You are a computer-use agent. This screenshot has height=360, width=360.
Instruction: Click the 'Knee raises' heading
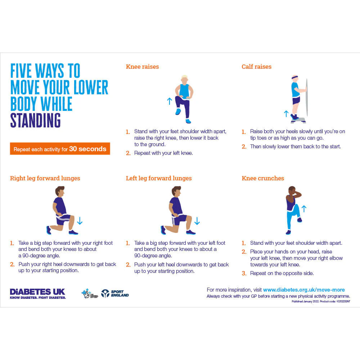[142, 67]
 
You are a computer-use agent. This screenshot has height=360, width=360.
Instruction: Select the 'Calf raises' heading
[256, 67]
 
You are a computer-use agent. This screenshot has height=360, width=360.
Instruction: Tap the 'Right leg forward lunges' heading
[45, 178]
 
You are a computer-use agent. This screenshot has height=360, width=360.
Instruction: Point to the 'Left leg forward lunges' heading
[159, 178]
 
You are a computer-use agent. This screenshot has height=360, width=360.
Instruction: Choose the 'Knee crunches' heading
[263, 178]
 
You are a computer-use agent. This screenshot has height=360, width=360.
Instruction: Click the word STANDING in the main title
[35, 121]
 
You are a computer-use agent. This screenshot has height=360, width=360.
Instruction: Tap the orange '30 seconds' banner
[60, 149]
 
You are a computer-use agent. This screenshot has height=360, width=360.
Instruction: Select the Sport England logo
[114, 293]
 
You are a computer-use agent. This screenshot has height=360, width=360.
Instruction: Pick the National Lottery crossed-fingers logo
[87, 293]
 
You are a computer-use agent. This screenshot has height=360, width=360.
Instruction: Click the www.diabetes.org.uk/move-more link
[304, 290]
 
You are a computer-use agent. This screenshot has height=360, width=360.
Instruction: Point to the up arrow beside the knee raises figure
[170, 101]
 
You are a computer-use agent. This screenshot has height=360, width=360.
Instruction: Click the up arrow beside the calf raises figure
[286, 114]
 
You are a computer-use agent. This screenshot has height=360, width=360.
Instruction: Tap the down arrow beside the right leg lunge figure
[80, 221]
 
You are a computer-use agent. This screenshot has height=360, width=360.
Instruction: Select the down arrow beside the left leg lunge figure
[197, 221]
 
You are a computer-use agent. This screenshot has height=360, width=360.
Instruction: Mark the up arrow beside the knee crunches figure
[303, 208]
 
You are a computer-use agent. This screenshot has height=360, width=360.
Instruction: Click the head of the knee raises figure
[184, 79]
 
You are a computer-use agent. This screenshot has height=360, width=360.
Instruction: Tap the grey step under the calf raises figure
[298, 120]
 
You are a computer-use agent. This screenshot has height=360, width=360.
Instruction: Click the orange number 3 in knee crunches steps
[244, 273]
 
